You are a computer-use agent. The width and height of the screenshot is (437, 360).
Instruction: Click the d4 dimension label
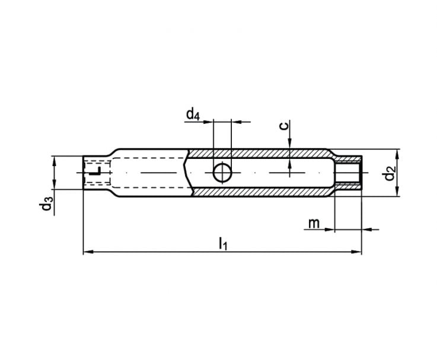point(193,114)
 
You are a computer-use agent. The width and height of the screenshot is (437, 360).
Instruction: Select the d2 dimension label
point(390,173)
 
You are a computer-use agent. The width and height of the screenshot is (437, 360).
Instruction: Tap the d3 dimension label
point(46,203)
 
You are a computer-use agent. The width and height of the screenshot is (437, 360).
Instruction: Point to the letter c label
point(283,126)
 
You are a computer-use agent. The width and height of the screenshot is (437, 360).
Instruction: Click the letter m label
point(314,223)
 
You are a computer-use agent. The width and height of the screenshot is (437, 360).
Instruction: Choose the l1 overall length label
point(223,243)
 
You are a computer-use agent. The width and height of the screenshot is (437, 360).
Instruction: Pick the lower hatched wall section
point(262,192)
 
